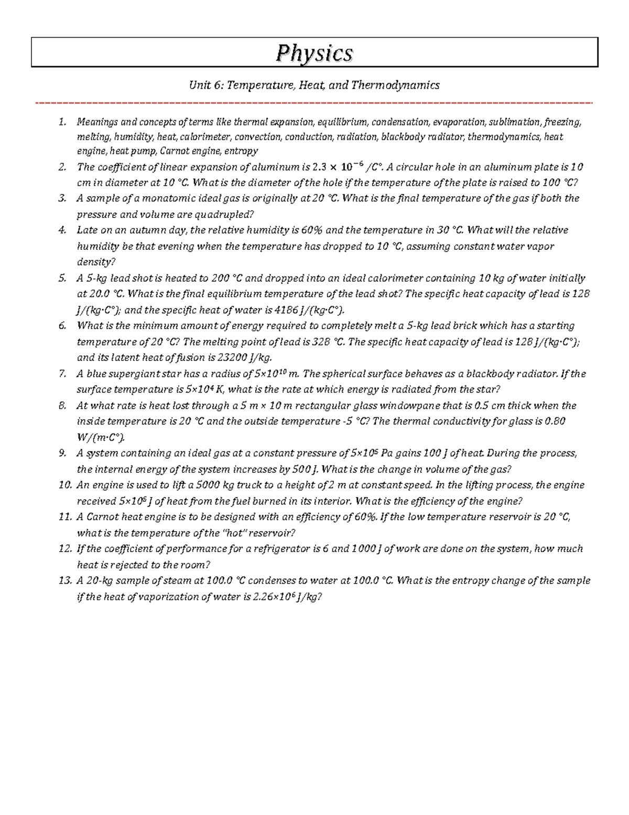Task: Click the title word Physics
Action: pos(314,53)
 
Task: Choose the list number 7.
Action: pos(62,374)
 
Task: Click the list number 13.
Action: pos(64,580)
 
